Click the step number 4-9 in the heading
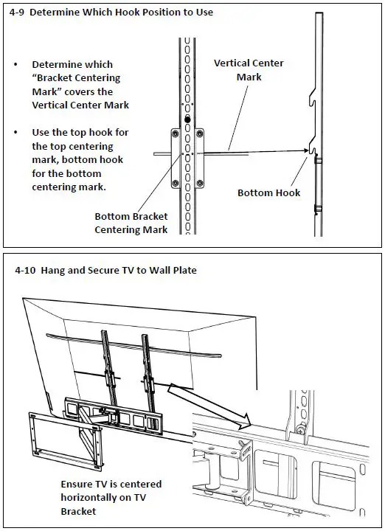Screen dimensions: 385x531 tap(16, 13)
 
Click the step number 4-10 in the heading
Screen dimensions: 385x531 tap(25, 271)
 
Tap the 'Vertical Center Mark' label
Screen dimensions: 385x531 tap(249, 70)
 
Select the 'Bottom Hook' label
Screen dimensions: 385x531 tap(269, 193)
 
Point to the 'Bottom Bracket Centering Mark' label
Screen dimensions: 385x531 tap(131, 223)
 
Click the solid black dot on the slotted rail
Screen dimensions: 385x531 tap(187, 119)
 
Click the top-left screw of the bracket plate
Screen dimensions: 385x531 tap(175, 134)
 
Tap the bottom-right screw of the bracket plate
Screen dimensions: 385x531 tap(200, 184)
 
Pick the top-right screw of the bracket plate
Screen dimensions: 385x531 tap(200, 134)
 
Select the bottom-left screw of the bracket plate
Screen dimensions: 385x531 tap(175, 184)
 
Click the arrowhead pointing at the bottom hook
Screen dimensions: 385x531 tap(305, 150)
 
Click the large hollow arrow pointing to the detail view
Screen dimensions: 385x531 tap(209, 404)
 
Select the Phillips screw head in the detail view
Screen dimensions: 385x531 tap(300, 430)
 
